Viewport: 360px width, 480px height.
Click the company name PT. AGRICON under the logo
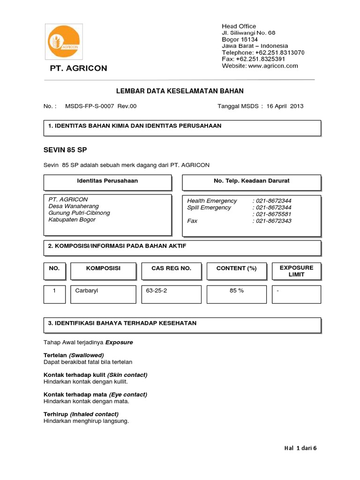[x=79, y=68]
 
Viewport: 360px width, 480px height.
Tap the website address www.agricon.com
[x=273, y=66]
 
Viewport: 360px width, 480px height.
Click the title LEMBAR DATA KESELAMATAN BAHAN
[x=180, y=91]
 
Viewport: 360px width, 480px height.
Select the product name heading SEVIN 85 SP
[x=65, y=150]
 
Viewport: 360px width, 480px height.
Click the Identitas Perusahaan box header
[x=107, y=181]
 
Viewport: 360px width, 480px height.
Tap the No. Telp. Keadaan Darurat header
[x=251, y=181]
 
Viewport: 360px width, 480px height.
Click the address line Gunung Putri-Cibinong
[x=79, y=213]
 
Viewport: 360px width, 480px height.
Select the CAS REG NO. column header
[x=171, y=268]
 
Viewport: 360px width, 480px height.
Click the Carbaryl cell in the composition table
[x=87, y=291]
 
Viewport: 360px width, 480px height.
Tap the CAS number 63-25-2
[x=157, y=291]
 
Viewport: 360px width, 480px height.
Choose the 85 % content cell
[x=236, y=291]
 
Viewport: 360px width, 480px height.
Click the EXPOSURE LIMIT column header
[x=296, y=271]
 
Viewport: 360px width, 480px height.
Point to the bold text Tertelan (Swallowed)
[x=74, y=355]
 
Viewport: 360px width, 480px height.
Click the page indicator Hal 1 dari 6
[x=300, y=448]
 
